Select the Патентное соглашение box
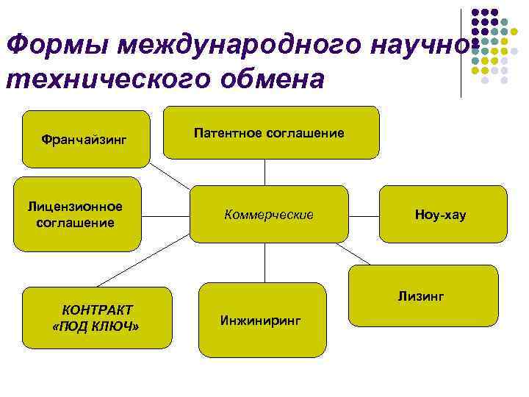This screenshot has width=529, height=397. [271, 132]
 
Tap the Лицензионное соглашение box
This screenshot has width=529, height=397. [81, 214]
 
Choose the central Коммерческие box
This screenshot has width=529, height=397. [269, 215]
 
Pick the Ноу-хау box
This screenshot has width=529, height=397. [442, 215]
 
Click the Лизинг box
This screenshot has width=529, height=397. [422, 296]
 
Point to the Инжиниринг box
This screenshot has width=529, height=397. [262, 321]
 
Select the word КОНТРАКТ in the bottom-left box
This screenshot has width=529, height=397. [97, 310]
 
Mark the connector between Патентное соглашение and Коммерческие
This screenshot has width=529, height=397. [264, 172]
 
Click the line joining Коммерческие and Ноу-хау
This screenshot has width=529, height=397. [363, 215]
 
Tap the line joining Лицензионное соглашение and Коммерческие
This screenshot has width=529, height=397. [165, 215]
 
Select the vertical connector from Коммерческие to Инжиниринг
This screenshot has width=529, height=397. [264, 262]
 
